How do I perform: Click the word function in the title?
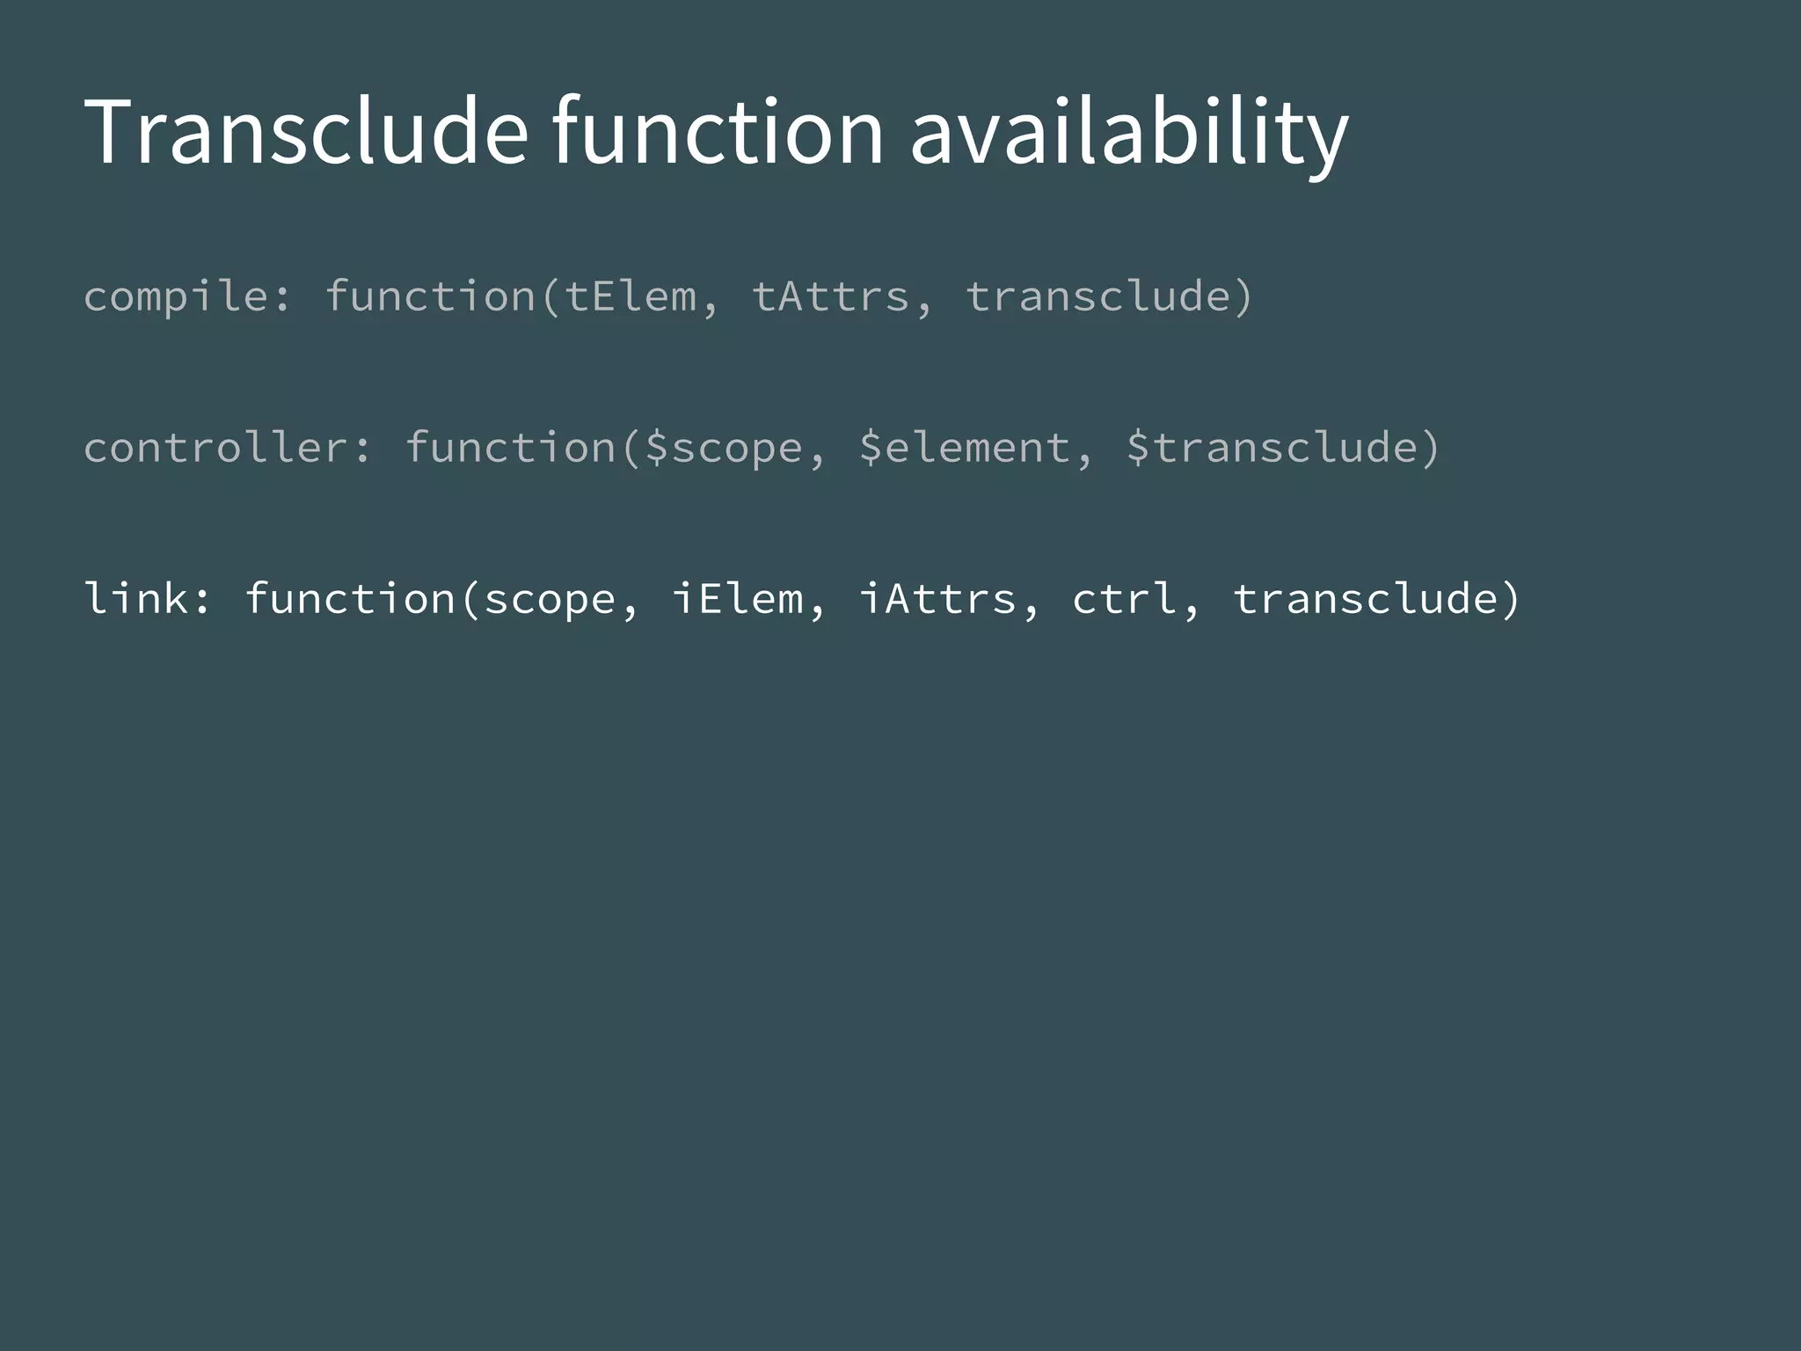click(717, 132)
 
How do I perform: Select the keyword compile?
click(186, 297)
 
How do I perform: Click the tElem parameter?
click(631, 296)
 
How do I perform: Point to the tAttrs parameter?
click(831, 296)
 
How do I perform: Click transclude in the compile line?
click(1099, 296)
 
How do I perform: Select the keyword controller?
click(227, 448)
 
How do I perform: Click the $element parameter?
click(964, 449)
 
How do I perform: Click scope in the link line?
click(550, 600)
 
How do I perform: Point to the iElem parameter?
click(737, 599)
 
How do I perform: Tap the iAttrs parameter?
click(937, 599)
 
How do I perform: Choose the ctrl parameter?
click(1125, 599)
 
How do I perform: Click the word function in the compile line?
click(430, 296)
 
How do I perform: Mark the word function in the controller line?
click(510, 448)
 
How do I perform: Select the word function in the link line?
click(350, 599)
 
